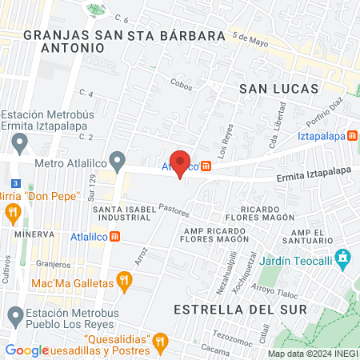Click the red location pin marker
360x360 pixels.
pos(180,163)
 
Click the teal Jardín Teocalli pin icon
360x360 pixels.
pos(344,258)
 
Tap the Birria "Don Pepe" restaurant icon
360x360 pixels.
pos(12,213)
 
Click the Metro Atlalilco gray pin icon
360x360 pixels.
pos(118,162)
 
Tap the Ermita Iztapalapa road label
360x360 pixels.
pos(314,170)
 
